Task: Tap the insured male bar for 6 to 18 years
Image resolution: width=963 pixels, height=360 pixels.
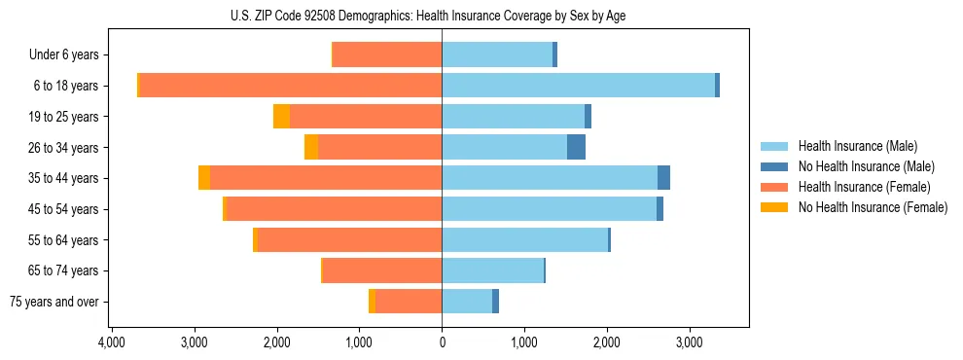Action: (x=578, y=86)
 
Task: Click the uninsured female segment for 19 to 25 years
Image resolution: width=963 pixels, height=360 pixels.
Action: (x=281, y=117)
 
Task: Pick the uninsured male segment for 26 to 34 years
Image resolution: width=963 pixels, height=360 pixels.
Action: (x=576, y=147)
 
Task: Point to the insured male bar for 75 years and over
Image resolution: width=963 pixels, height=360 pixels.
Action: (x=467, y=302)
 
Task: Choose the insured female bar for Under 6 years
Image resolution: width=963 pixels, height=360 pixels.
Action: (x=387, y=54)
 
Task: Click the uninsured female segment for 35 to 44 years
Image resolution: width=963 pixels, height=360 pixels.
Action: (x=204, y=178)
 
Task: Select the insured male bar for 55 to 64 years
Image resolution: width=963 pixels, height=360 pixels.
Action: (x=524, y=239)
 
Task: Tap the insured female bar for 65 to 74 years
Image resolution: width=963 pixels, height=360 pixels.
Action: (x=382, y=270)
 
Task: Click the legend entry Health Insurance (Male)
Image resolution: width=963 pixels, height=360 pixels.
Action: (x=857, y=146)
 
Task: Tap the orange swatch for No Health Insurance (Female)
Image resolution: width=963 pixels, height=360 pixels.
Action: (x=774, y=207)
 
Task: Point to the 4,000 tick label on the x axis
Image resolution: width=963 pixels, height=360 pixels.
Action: (x=112, y=343)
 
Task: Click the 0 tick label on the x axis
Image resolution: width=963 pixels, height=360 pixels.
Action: (x=442, y=343)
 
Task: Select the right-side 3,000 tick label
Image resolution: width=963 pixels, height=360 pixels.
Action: (x=689, y=343)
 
